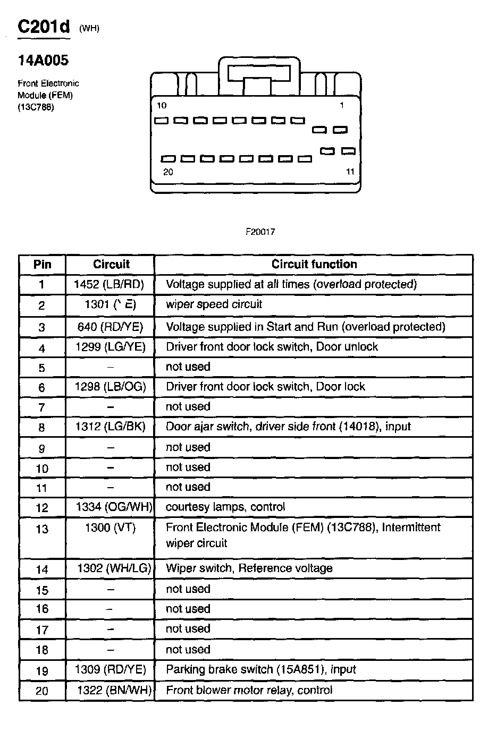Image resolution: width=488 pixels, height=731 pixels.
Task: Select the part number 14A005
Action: (x=43, y=61)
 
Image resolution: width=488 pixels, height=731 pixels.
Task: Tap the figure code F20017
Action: (x=260, y=232)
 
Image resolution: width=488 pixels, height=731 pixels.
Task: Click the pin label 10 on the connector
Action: (x=162, y=105)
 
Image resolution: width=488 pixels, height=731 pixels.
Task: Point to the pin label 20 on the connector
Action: (x=168, y=172)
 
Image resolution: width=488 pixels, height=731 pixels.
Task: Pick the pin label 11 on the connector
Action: (x=350, y=172)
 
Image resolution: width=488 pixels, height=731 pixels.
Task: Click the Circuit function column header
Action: (x=314, y=264)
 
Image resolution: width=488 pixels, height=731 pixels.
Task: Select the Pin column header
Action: (x=42, y=264)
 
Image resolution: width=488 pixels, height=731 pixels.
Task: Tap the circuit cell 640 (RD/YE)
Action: (x=110, y=327)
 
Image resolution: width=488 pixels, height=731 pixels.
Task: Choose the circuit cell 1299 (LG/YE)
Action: (x=110, y=347)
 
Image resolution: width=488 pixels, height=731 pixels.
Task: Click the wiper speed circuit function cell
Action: (x=214, y=304)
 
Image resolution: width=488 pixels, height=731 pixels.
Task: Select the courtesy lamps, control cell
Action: (x=225, y=507)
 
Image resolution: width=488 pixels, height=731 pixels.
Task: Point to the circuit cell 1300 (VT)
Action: (x=110, y=528)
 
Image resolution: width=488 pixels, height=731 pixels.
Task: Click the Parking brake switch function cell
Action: (x=260, y=669)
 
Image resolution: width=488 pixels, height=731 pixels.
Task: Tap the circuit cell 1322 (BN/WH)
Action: (x=114, y=690)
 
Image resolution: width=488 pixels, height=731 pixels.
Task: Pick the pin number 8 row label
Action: (x=42, y=427)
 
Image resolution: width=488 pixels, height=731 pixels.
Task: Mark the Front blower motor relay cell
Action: (x=249, y=690)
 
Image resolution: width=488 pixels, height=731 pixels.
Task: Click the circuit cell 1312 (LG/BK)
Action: (x=110, y=427)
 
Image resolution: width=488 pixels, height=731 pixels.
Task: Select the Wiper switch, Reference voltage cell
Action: (x=249, y=568)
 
